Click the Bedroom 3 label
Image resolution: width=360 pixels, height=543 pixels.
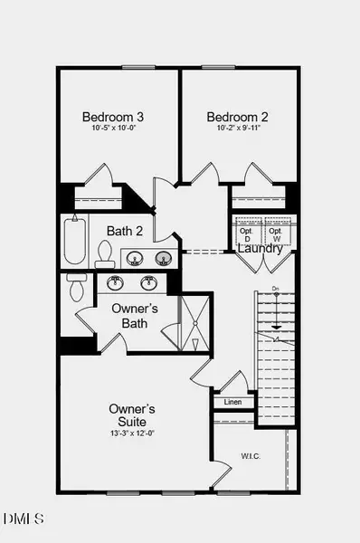pyautogui.click(x=113, y=117)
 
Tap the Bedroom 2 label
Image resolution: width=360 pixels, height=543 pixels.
pyautogui.click(x=237, y=117)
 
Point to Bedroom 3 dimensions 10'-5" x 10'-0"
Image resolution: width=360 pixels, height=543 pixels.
pyautogui.click(x=114, y=130)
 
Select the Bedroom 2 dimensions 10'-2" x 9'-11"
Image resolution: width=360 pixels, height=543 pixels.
pyautogui.click(x=237, y=130)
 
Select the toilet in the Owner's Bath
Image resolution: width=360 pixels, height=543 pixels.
pyautogui.click(x=77, y=290)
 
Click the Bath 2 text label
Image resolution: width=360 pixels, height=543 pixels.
pyautogui.click(x=125, y=231)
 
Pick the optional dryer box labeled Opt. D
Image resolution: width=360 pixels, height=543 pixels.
pyautogui.click(x=246, y=233)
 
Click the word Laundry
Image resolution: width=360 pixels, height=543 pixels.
pyautogui.click(x=261, y=248)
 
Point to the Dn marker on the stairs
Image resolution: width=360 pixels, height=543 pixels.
pyautogui.click(x=274, y=289)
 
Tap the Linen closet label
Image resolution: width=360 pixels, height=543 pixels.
pyautogui.click(x=233, y=402)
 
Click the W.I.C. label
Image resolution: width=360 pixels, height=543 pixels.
pyautogui.click(x=251, y=456)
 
